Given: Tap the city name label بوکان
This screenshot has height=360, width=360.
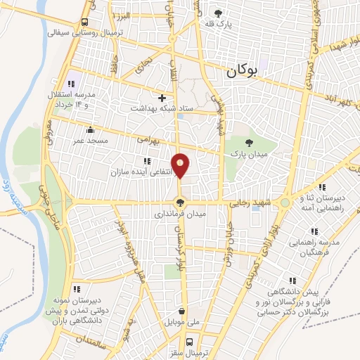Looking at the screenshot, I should [243, 70].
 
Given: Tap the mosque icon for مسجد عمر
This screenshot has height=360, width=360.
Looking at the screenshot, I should [89, 129].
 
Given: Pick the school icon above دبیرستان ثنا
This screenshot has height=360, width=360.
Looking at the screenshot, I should [321, 187].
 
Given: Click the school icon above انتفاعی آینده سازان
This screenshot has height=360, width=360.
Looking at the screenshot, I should [147, 161].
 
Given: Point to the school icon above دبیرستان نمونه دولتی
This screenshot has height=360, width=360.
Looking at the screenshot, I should [77, 288].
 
